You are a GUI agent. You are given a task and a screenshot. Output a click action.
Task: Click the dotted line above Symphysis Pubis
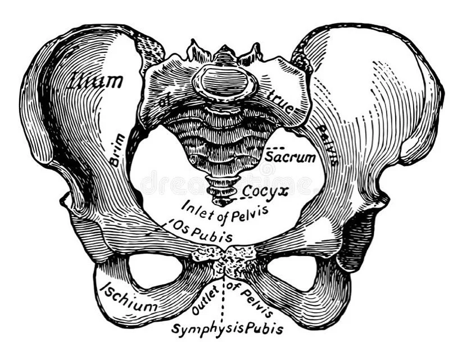coord(224,301)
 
